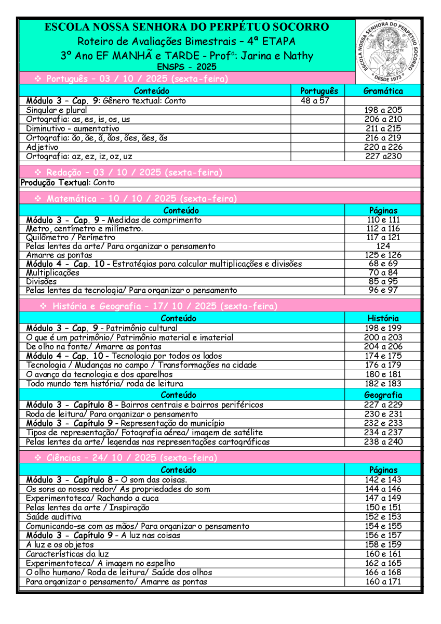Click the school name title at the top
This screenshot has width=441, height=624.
[x=186, y=27]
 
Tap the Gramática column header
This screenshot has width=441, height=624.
[x=383, y=91]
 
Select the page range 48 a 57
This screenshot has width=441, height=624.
[x=315, y=101]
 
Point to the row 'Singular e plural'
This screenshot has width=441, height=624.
[x=57, y=110]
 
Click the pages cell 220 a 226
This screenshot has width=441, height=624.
[x=383, y=147]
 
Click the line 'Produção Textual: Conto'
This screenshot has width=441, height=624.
[x=68, y=183]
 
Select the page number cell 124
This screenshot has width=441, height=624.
[x=383, y=246]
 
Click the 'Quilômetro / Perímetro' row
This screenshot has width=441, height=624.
[x=71, y=238]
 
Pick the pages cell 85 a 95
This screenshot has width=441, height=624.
[x=383, y=281]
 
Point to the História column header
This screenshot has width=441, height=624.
[x=383, y=318]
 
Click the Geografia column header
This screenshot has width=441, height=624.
[x=383, y=395]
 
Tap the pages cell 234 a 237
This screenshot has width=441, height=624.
[x=383, y=433]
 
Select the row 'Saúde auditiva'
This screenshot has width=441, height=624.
[x=54, y=517]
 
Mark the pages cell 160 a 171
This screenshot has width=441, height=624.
[x=383, y=582]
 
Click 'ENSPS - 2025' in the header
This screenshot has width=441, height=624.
[x=186, y=67]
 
